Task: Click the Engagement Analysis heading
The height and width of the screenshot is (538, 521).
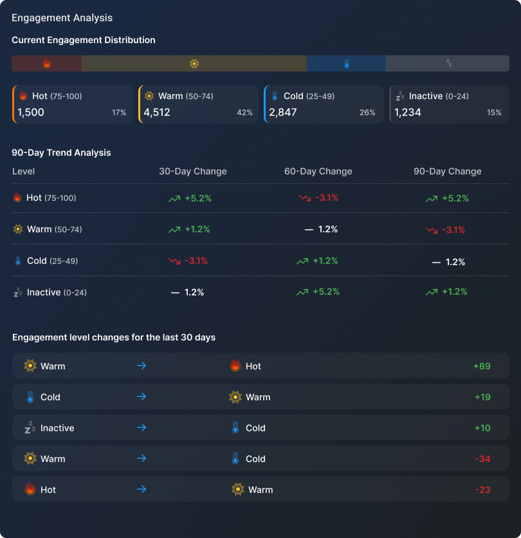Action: coord(62,18)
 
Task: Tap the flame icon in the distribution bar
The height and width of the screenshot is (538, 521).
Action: coord(46,63)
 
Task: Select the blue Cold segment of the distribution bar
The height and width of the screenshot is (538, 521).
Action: coord(346,63)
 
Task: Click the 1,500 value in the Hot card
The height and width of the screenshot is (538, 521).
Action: coord(31,112)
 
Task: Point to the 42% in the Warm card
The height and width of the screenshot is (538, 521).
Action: coord(244,113)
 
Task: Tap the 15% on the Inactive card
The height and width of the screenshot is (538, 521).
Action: coord(494,113)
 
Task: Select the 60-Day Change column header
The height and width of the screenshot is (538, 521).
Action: coord(318,171)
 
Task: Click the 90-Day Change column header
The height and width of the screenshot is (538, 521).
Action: coord(447,171)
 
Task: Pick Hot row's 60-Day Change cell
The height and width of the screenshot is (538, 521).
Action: coord(318,198)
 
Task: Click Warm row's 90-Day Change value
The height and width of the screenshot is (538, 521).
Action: coord(445,229)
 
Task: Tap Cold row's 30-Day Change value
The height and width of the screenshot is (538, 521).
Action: coord(188,261)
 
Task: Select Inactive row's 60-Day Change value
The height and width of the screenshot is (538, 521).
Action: coord(318,292)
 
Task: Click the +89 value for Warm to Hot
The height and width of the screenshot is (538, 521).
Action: coord(482,366)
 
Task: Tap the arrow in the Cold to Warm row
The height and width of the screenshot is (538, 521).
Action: coord(142,397)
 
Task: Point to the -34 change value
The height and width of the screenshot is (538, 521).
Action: coord(482,459)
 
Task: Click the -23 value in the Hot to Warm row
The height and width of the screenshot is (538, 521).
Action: coord(482,490)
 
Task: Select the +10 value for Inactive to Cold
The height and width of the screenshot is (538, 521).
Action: coord(482,428)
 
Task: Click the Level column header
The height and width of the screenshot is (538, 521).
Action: coord(23,171)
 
